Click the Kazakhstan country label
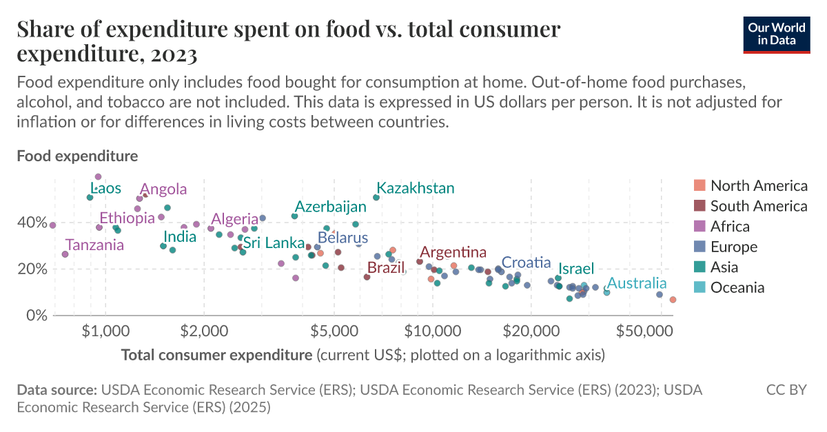click(416, 188)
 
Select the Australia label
click(637, 283)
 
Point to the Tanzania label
click(94, 245)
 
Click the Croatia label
click(526, 263)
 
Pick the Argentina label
click(453, 252)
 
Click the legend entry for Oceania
click(737, 287)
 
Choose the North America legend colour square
click(700, 185)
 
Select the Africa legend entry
click(730, 226)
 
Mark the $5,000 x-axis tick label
click(334, 331)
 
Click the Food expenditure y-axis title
click(77, 156)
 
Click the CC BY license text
click(786, 390)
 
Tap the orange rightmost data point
click(673, 300)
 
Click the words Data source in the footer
click(57, 390)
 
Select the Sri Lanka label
click(274, 243)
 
